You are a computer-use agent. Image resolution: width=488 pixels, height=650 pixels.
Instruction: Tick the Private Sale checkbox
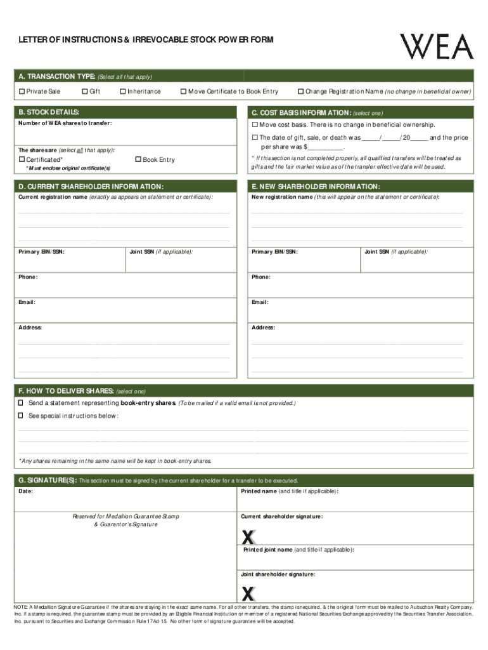pos(22,92)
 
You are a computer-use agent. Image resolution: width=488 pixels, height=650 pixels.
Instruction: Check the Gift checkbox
pos(85,92)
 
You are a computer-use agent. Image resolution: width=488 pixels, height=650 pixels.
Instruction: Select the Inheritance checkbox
pos(123,92)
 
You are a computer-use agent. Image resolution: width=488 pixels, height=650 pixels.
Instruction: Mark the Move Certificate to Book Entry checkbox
pos(184,92)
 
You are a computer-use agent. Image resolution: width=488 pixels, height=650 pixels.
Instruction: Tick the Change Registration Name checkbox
pos(301,92)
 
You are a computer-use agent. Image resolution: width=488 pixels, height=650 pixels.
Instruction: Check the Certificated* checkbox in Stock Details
pos(22,160)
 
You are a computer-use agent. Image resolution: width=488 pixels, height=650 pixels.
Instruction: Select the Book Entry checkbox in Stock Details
pos(138,160)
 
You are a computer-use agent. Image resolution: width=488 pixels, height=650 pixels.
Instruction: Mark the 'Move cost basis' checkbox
pos(255,124)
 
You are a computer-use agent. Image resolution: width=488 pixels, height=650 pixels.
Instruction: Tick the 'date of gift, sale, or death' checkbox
pos(255,138)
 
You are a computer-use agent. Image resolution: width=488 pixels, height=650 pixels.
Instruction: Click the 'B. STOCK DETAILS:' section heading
pos(49,112)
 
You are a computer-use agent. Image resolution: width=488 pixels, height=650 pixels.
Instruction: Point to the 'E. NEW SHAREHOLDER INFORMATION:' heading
pos(316,187)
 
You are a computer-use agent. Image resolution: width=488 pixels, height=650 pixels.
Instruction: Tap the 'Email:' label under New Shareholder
pos(260,302)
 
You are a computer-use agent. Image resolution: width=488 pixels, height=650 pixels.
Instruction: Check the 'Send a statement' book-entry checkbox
pos(21,403)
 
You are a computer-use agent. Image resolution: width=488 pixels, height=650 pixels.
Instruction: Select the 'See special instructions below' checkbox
pos(21,416)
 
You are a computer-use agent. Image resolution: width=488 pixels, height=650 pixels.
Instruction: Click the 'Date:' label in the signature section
pos(26,491)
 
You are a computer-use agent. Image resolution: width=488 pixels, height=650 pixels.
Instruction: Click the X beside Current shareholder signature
pos(248,537)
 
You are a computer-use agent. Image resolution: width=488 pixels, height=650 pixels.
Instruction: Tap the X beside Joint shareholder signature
pos(248,594)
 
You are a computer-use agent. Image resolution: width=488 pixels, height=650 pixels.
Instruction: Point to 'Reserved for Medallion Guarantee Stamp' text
pos(125,517)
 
